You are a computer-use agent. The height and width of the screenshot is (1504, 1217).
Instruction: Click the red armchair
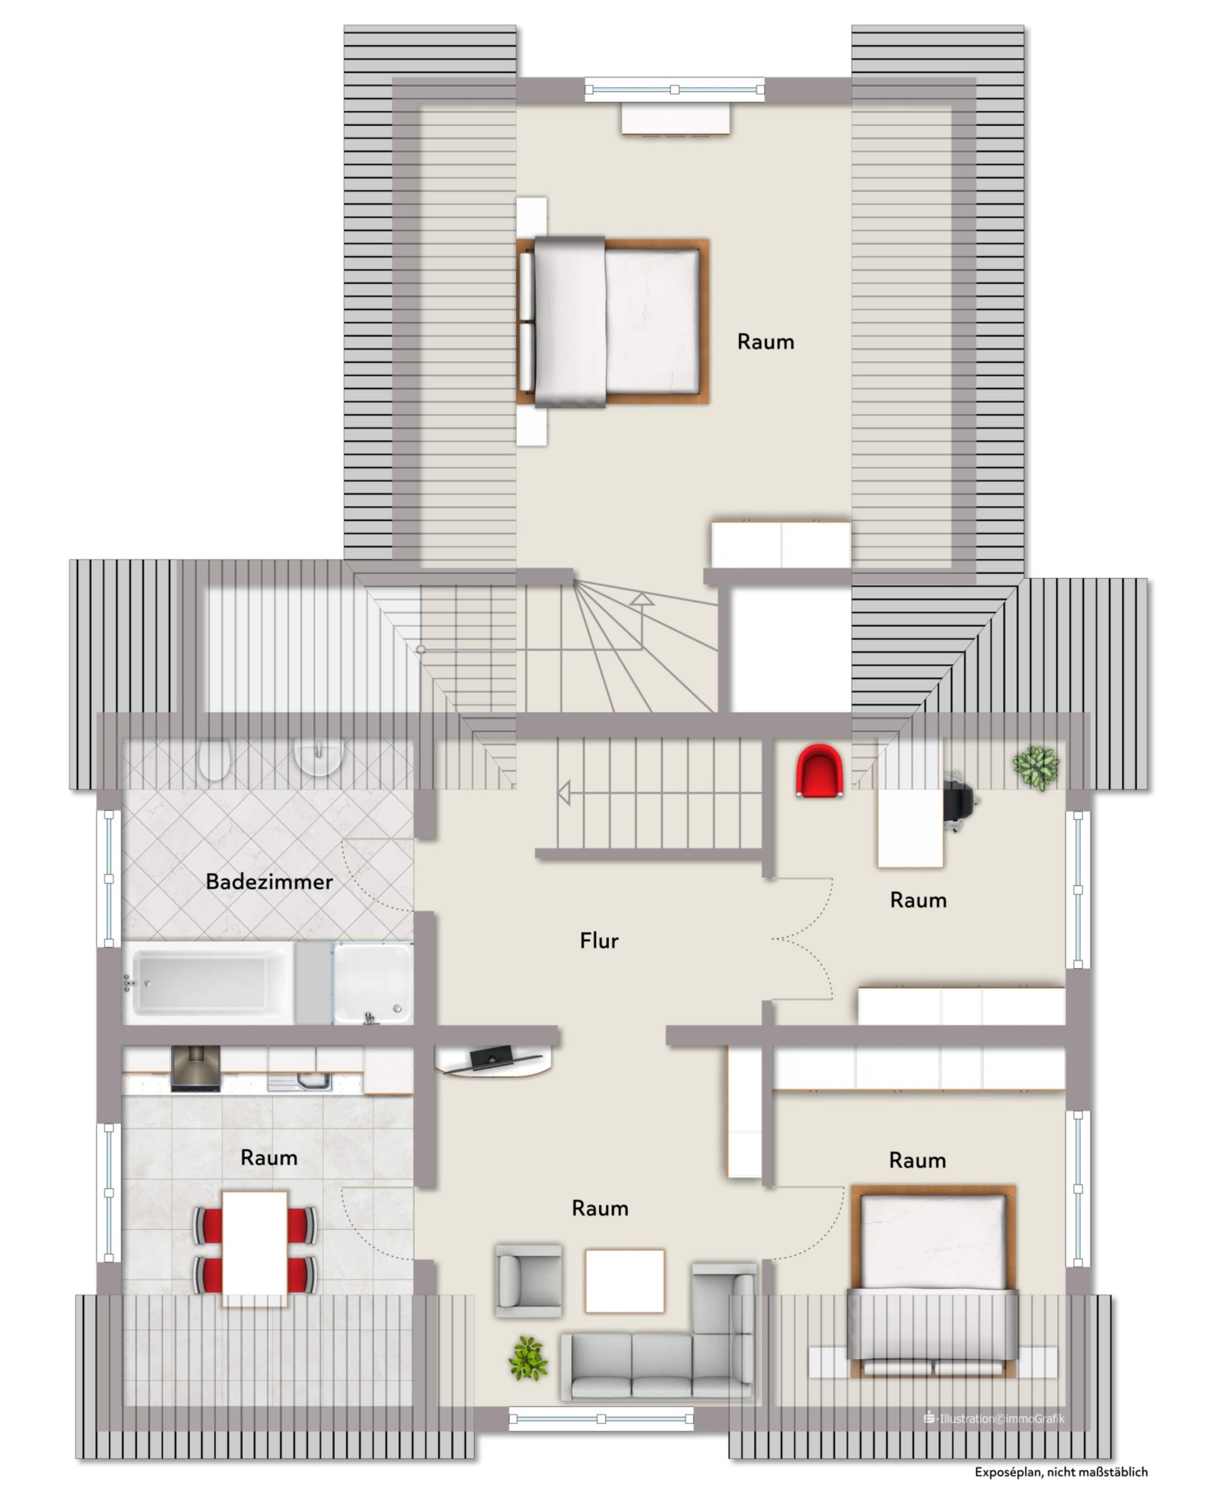pos(819,771)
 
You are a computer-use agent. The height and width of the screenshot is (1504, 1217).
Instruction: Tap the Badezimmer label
pos(269,881)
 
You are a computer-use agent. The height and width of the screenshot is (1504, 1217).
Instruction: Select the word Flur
pos(599,940)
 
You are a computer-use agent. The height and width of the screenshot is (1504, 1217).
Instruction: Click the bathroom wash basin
pos(319,757)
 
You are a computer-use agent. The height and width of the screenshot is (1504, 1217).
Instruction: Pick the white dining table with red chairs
pos(255,1248)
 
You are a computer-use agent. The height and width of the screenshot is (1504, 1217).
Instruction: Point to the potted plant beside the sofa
pos(528,1358)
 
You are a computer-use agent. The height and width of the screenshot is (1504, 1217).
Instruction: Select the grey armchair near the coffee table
pos(529,1281)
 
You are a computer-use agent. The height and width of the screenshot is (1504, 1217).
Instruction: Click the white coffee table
pos(624,1280)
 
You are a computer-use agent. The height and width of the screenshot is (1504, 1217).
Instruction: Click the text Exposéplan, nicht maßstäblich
pos(1061,1472)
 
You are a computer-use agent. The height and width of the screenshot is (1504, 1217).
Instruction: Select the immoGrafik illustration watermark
pos(994,1418)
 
